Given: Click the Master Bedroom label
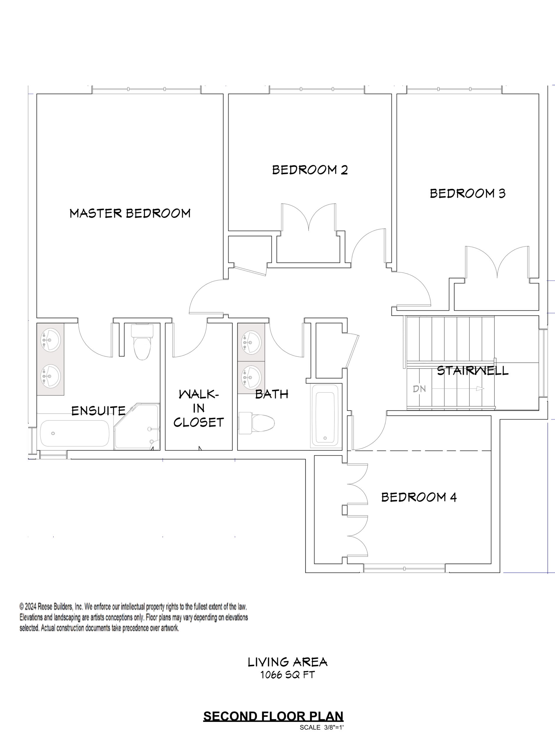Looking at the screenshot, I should pos(130,213).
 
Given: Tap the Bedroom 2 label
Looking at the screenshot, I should pos(310,170).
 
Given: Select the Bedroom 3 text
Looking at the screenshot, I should pos(468,193).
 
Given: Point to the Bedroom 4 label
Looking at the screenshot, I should pos(419,497).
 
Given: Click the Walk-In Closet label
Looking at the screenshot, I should pos(199,408).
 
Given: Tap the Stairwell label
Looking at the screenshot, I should pos(472,371).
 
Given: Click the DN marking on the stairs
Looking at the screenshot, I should pos(419,389).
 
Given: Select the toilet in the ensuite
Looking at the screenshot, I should pos(142,343).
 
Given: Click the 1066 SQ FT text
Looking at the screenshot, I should pos(287,675).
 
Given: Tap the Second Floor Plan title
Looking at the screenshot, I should pos(273,716).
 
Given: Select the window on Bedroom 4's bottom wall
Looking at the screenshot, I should pos(404,568).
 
